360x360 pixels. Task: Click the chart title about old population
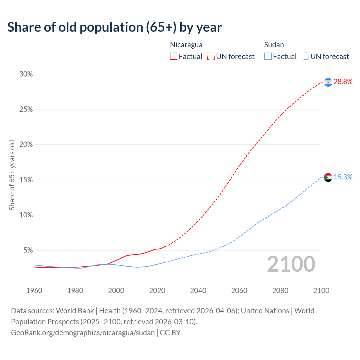[x=114, y=27]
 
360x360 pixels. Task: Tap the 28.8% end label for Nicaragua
[x=343, y=82]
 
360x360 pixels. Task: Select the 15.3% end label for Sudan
[x=343, y=177]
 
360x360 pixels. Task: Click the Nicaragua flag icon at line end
[x=328, y=82]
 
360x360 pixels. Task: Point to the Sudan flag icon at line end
[x=328, y=177]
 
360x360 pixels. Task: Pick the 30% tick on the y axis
[x=26, y=74]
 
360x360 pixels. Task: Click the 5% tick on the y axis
[x=28, y=250]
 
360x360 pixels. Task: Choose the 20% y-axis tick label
[x=26, y=145]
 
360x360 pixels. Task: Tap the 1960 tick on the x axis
[x=34, y=291]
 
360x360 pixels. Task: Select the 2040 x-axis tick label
[x=198, y=291]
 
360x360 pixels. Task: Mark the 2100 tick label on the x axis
[x=321, y=291]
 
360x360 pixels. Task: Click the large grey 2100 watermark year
[x=291, y=264]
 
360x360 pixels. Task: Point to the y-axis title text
[x=12, y=175]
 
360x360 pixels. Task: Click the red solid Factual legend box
[x=174, y=57]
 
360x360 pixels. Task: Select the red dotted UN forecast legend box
[x=211, y=57]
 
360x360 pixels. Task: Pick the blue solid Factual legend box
[x=268, y=57]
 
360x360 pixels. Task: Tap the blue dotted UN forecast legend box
[x=305, y=57]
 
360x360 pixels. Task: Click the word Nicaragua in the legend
[x=186, y=45]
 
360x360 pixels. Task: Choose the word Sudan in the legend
[x=274, y=45]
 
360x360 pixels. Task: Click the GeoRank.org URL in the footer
[x=83, y=333]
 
